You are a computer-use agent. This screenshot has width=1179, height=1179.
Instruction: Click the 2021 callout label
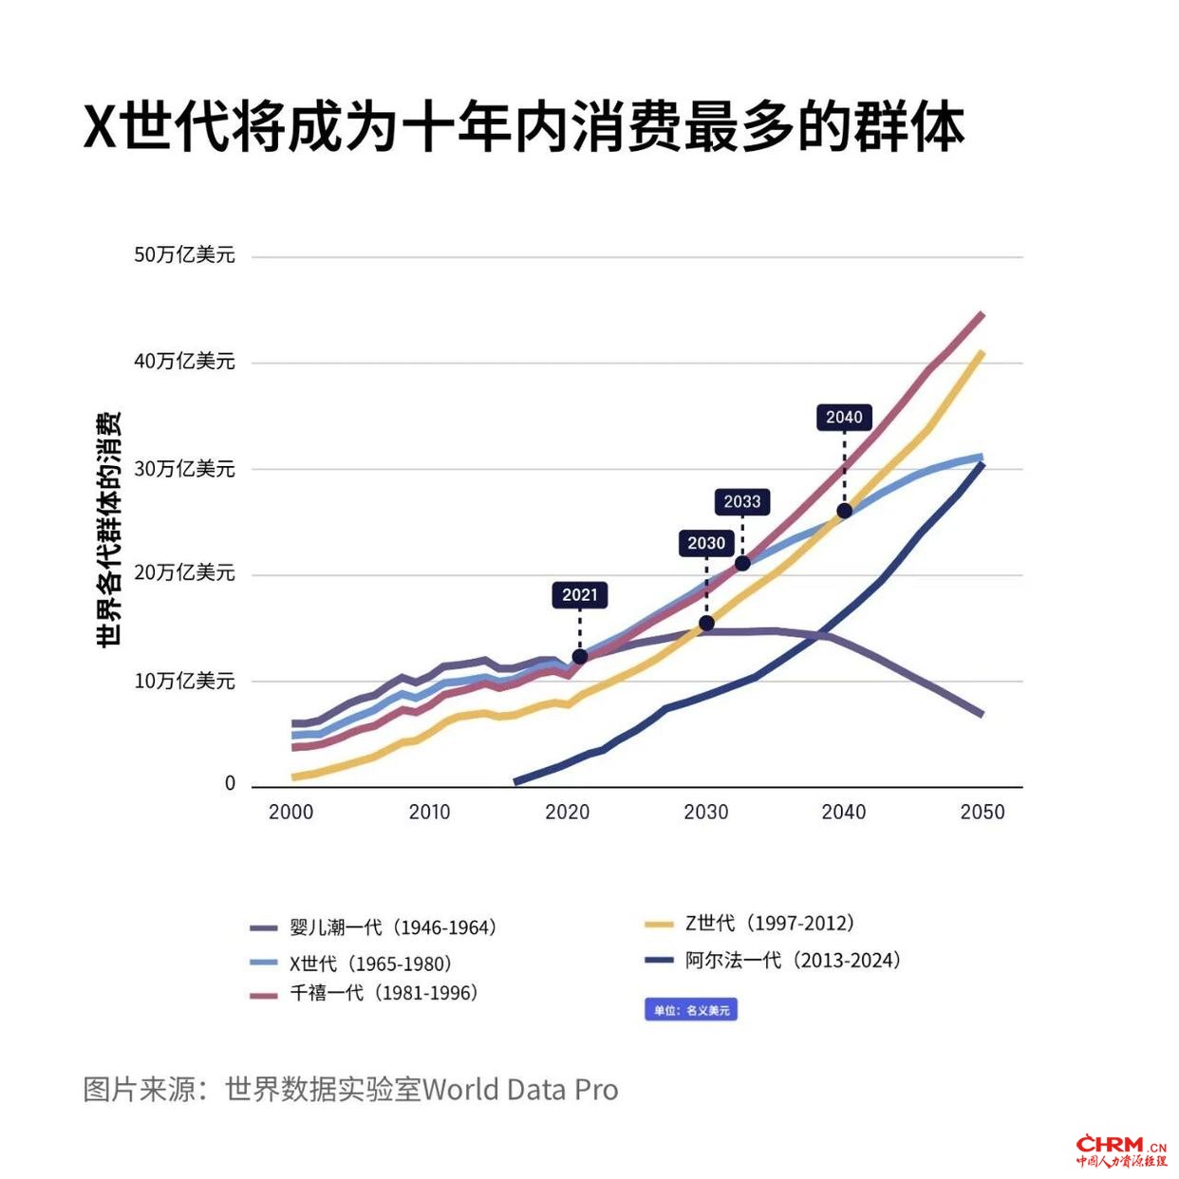580,595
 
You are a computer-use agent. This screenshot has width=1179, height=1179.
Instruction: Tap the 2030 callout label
706,543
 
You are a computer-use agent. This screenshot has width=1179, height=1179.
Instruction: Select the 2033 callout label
742,501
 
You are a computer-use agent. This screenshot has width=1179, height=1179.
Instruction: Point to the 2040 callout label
844,417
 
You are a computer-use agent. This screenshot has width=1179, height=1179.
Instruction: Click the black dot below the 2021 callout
580,657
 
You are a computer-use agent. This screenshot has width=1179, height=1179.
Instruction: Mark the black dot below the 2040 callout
844,511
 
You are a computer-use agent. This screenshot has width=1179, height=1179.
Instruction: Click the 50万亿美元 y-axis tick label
184,255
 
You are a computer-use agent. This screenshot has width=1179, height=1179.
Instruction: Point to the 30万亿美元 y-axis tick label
184,469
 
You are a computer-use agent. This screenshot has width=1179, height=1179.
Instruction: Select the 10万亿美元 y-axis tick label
184,681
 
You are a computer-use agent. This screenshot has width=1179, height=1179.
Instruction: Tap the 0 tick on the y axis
230,784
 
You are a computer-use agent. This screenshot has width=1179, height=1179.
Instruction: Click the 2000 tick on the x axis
290,813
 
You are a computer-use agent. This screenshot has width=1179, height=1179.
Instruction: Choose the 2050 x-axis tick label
982,813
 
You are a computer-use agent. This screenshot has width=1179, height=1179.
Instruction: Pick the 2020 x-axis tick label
568,813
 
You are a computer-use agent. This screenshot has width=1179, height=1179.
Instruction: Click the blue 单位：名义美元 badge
691,1010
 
